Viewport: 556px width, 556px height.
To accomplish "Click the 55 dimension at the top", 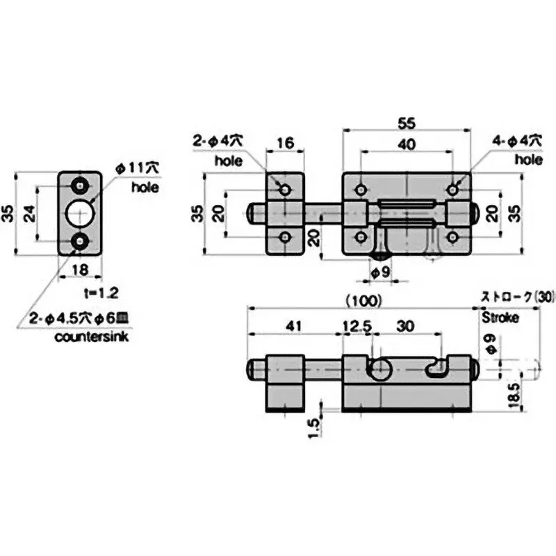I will point(408,122).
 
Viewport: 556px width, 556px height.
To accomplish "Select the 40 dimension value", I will point(408,145).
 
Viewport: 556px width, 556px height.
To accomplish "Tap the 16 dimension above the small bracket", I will point(285,145).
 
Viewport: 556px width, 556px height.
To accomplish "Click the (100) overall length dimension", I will point(362,301).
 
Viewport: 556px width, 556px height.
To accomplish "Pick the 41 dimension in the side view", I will point(295,325).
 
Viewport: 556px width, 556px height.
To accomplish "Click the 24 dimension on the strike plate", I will point(30,213).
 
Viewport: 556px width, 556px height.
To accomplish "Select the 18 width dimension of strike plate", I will point(79,271).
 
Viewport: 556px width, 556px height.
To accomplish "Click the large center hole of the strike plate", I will point(81,213).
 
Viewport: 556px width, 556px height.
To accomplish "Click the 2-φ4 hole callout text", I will point(218,140).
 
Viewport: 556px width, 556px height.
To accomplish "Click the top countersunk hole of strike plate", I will point(81,186).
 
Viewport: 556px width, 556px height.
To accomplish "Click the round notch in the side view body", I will point(379,370).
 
